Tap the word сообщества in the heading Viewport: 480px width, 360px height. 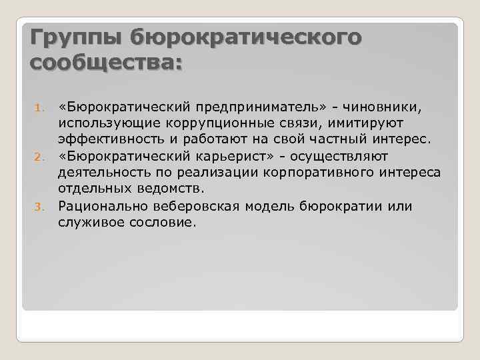(103, 64)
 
